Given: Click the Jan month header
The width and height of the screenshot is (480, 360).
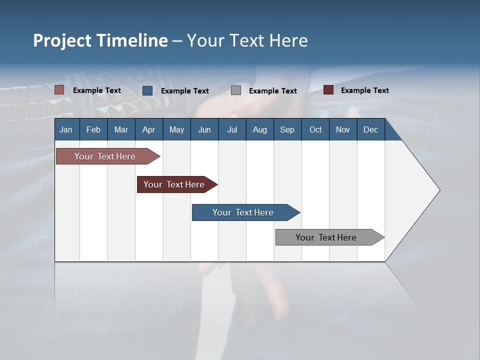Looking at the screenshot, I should click(66, 129).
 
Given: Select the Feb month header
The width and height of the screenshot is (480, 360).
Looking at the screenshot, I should click(93, 129).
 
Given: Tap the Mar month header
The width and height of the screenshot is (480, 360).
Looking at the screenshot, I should click(121, 129).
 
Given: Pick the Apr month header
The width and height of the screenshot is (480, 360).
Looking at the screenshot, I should click(149, 129).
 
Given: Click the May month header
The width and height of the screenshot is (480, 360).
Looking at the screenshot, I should click(176, 129).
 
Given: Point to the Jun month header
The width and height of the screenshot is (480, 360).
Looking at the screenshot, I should click(204, 129).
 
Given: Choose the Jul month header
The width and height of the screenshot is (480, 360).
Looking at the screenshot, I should click(232, 129).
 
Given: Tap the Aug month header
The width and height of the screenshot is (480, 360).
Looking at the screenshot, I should click(260, 129).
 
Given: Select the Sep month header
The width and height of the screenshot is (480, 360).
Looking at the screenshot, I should click(287, 129).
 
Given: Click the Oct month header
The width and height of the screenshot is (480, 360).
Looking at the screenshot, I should click(315, 129).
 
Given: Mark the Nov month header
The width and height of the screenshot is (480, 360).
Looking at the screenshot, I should click(343, 129).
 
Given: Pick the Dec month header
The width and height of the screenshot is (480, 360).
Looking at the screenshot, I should click(371, 129).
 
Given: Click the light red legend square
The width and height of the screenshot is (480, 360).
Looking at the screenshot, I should click(59, 90).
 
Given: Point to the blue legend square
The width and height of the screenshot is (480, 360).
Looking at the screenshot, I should click(147, 90).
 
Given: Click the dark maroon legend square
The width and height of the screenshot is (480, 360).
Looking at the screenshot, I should click(328, 90).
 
